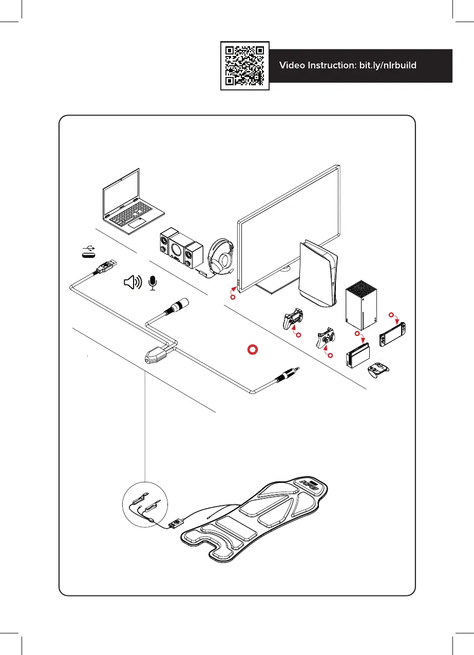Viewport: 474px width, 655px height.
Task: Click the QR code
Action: (245, 65)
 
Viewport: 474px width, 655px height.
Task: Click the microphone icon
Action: (152, 282)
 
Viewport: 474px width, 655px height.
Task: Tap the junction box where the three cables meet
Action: (158, 354)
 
